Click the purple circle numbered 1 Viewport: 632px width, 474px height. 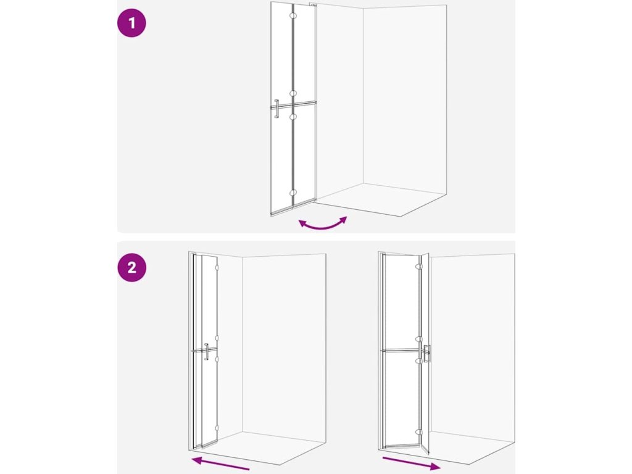point(131,23)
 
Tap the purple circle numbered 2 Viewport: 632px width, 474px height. point(132,267)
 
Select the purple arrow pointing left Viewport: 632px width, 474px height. point(220,464)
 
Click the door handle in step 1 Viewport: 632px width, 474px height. point(276,109)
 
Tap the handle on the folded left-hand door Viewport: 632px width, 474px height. point(206,351)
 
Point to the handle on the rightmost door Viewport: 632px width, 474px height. point(426,354)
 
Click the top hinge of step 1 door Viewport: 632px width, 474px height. point(293,15)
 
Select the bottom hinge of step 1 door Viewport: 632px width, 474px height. point(293,193)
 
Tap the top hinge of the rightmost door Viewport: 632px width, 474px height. point(419,267)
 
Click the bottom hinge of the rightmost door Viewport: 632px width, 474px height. point(419,432)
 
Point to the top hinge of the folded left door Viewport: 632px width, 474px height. point(217,267)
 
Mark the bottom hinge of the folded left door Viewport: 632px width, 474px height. point(217,428)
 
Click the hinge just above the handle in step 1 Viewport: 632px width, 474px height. point(293,94)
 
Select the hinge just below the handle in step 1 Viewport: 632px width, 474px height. point(293,117)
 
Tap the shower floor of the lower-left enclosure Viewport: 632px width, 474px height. point(262,447)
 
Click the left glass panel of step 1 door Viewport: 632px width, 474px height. point(281,109)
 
